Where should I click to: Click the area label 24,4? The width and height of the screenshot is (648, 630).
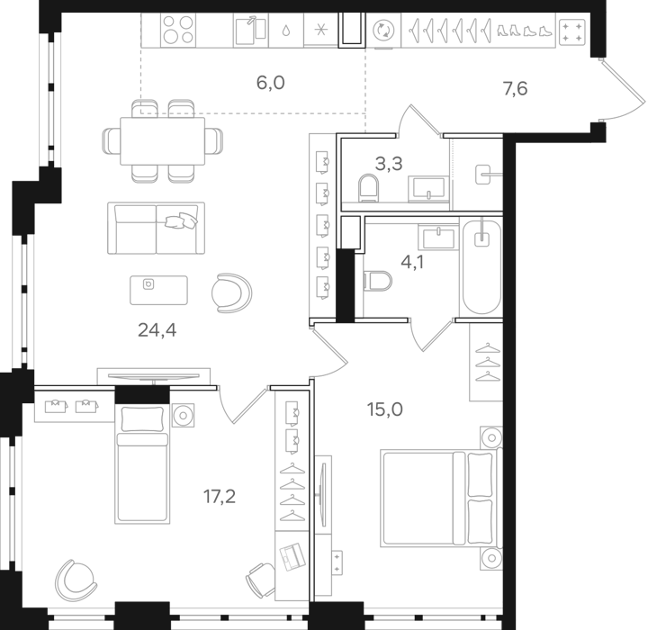pos(157,329)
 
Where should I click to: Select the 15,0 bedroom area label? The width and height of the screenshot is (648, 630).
pos(384,409)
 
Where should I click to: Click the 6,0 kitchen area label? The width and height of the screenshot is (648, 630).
pos(270,83)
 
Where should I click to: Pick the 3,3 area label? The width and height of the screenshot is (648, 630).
pos(388,164)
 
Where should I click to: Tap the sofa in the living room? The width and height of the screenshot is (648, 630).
pos(157,227)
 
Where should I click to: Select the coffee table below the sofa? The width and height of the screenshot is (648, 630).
pos(159,289)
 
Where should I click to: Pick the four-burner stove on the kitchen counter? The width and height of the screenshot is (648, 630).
pos(177,30)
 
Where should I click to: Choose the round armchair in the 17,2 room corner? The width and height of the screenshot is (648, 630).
pos(75,577)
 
